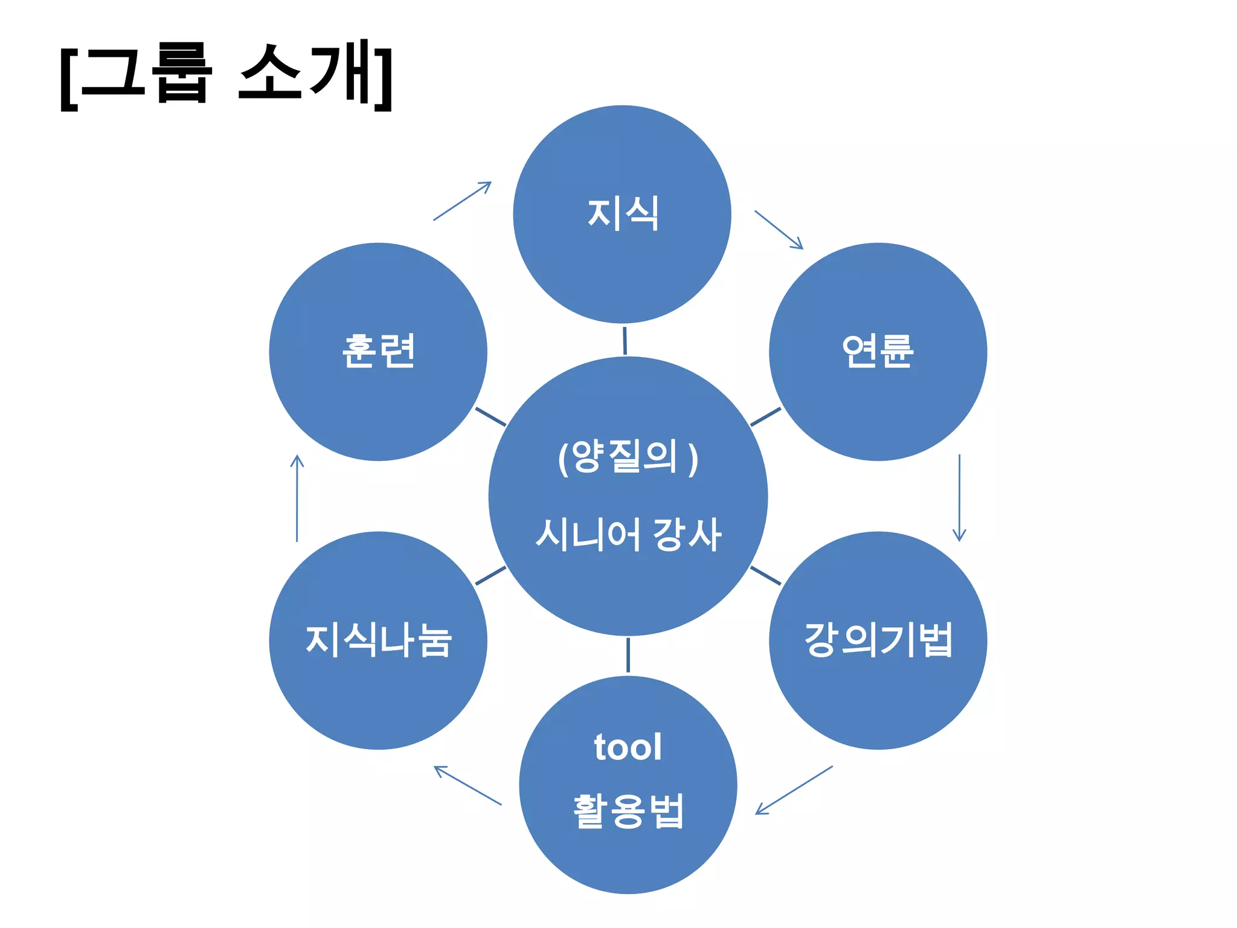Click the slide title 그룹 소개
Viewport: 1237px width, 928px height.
click(x=227, y=76)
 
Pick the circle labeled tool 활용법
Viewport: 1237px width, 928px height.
click(x=628, y=858)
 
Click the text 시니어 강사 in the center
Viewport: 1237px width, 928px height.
click(x=628, y=535)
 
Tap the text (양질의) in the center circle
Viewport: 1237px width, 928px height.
click(x=628, y=457)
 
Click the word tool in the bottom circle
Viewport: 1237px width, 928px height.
click(x=628, y=747)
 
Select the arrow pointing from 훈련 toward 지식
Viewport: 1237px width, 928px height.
click(x=463, y=201)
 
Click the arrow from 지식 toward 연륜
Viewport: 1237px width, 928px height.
click(x=779, y=230)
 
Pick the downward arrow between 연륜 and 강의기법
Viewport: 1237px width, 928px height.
click(x=959, y=498)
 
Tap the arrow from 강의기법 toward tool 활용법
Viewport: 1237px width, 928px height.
click(x=794, y=790)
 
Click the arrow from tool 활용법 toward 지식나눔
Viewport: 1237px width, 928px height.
click(x=467, y=785)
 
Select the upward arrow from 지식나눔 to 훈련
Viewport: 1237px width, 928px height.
click(x=297, y=498)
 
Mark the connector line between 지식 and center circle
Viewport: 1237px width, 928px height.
click(x=625, y=340)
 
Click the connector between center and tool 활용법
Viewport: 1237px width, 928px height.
click(x=628, y=655)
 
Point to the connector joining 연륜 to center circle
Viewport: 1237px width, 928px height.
click(x=765, y=417)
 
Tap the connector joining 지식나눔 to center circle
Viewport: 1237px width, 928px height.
click(x=490, y=576)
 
